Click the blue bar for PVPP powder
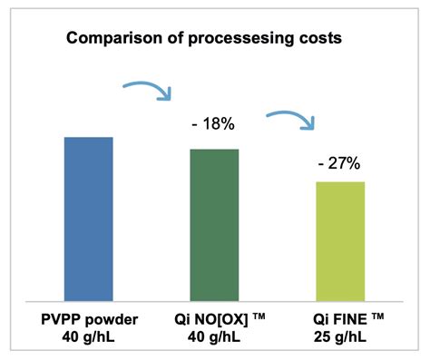pos(88,219)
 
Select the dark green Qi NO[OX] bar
pos(214,224)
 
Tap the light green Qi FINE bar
pos(339,240)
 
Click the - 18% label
pos(213,123)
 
